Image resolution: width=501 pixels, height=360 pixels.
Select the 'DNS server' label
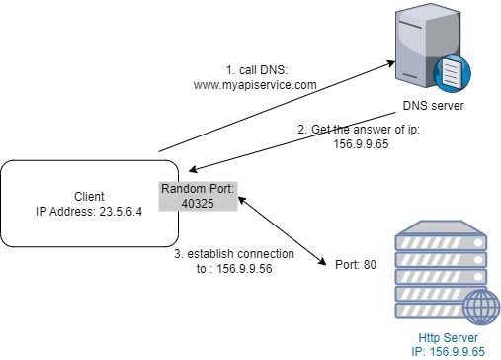pyautogui.click(x=432, y=106)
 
